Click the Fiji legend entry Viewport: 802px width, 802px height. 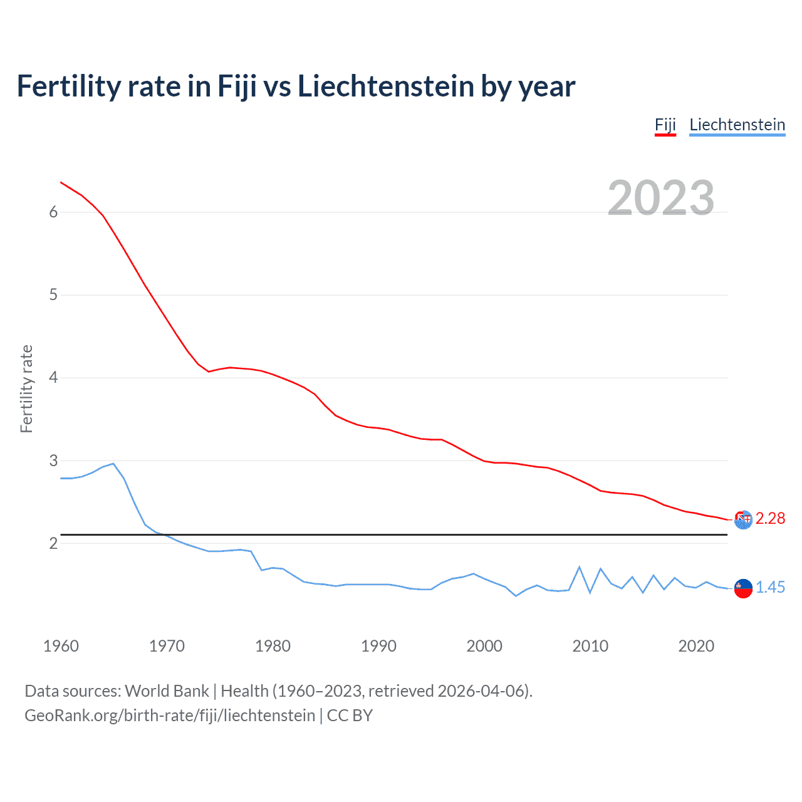point(665,125)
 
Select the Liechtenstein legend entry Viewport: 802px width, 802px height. point(737,125)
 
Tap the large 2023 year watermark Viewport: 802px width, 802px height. point(660,198)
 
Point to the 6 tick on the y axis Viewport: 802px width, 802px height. point(53,212)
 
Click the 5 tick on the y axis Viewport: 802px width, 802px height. point(53,295)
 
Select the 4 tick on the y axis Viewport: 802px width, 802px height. point(53,378)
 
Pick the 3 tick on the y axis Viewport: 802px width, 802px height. point(53,461)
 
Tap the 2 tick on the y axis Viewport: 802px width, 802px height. point(53,543)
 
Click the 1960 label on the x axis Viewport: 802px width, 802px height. point(61,646)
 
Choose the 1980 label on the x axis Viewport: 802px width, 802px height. point(273,646)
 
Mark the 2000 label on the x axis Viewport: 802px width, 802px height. point(484,646)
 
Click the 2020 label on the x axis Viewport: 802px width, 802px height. point(696,646)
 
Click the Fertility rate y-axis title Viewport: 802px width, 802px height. point(26,388)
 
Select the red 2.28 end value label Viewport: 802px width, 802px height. point(770,519)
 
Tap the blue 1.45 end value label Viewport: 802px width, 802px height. point(770,588)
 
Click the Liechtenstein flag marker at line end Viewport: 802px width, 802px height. point(743,588)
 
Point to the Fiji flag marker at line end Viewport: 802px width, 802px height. point(743,519)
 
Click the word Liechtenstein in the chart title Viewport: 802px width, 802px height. point(385,86)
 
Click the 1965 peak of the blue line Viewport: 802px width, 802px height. point(113,464)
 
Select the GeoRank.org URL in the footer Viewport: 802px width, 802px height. point(170,716)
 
